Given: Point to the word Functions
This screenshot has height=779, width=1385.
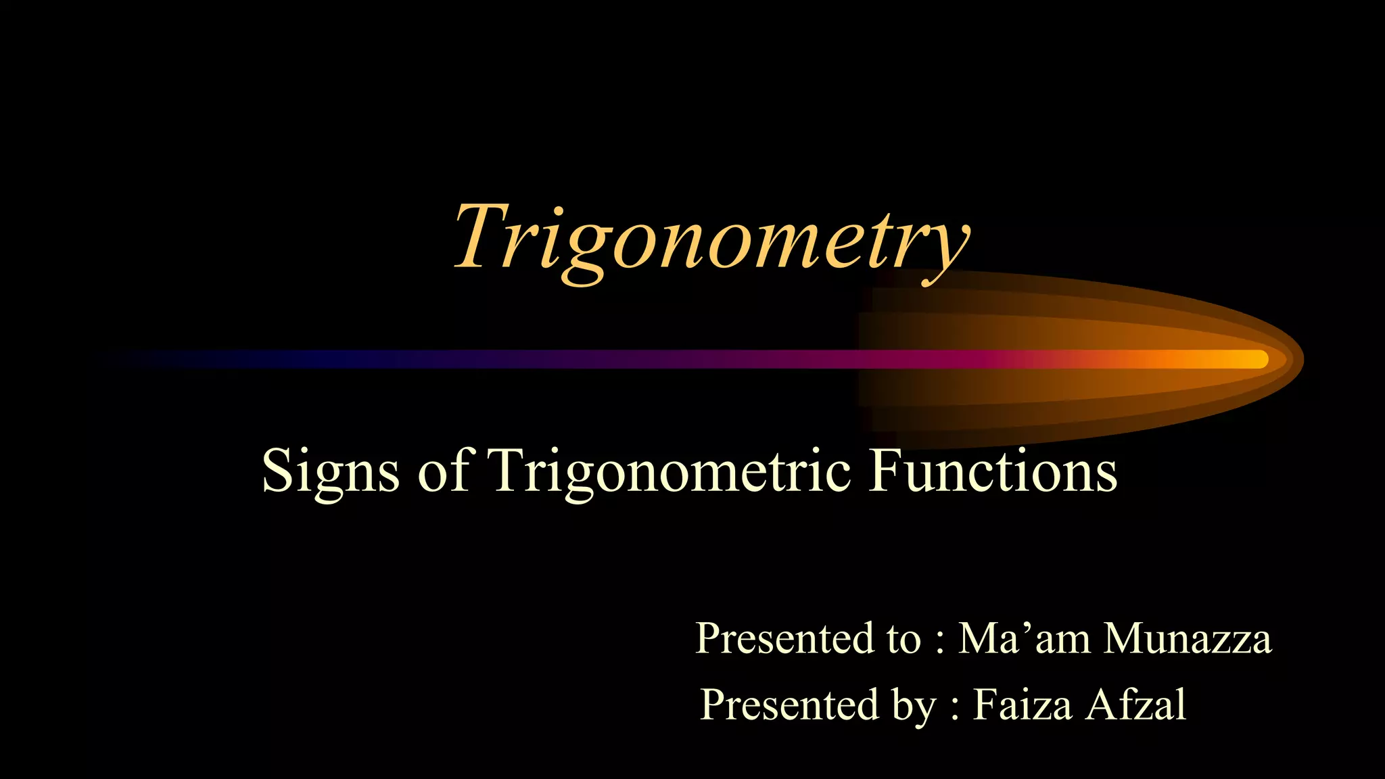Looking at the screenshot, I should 993,471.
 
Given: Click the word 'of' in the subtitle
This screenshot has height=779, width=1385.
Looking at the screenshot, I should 443,471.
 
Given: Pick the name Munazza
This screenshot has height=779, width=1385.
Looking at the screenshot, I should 1187,638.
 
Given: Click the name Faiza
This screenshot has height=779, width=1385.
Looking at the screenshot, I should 1022,705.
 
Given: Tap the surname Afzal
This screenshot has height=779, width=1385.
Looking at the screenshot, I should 1136,705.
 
